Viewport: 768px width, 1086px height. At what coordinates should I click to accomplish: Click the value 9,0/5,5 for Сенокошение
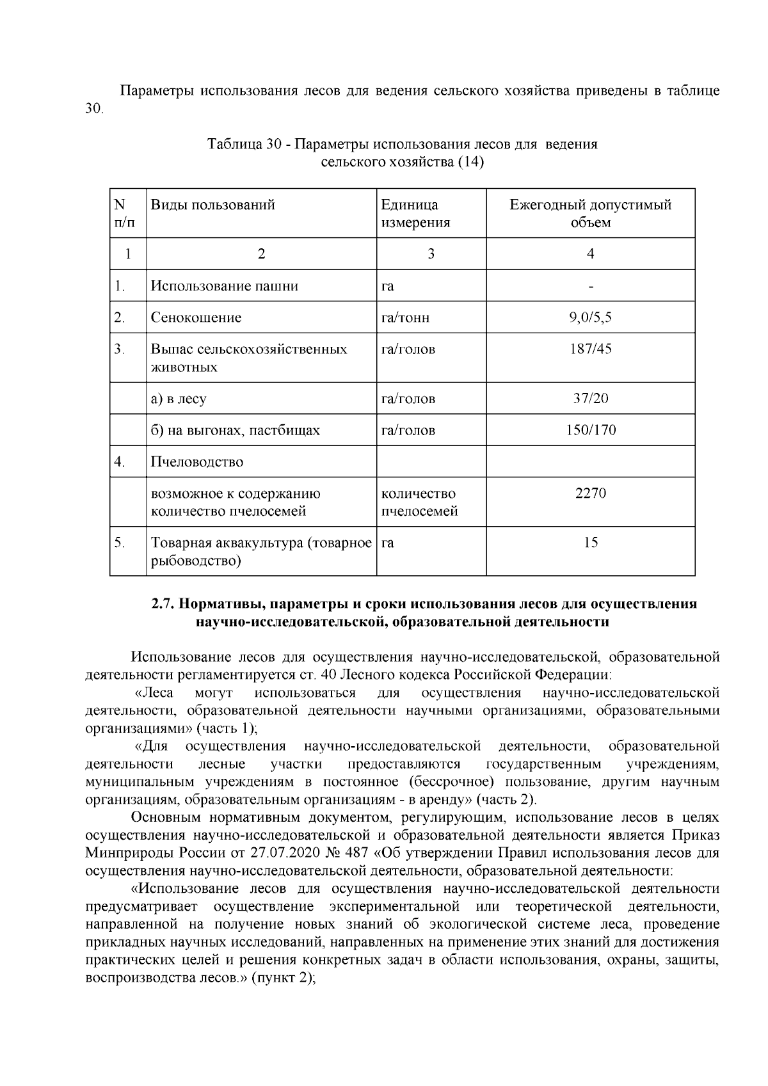[590, 317]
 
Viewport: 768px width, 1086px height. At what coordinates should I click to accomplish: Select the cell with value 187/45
[590, 349]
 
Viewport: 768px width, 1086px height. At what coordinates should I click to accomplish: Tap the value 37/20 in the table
[590, 399]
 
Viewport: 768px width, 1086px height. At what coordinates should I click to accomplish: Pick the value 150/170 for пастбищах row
[590, 430]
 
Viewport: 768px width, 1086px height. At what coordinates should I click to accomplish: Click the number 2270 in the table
[590, 493]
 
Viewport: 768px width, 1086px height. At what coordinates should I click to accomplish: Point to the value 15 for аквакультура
[590, 543]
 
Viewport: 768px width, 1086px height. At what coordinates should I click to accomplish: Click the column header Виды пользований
[212, 205]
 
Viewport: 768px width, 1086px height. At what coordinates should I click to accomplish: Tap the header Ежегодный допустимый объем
[590, 214]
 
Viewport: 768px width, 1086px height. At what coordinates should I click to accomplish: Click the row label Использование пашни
[224, 286]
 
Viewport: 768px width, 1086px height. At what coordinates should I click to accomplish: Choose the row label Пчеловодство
[196, 462]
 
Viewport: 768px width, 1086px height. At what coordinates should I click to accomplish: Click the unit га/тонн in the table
[405, 318]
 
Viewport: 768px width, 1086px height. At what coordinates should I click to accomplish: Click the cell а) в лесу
[179, 399]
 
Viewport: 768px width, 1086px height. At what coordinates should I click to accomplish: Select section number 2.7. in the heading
[164, 604]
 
